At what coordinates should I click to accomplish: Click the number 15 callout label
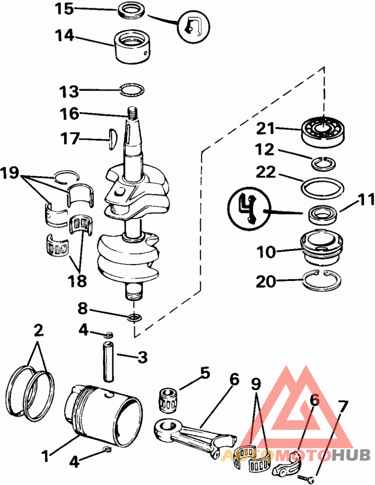click(x=65, y=8)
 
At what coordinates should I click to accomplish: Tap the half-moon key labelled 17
click(x=112, y=139)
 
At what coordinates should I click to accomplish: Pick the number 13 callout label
click(x=69, y=91)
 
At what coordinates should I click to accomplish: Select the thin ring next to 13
click(x=132, y=90)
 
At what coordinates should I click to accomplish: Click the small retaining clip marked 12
click(x=324, y=164)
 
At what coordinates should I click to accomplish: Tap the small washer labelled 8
click(x=135, y=318)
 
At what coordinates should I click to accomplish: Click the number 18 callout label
click(x=77, y=280)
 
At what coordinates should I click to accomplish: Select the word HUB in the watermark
click(x=351, y=455)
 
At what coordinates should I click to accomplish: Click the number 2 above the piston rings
click(x=38, y=331)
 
